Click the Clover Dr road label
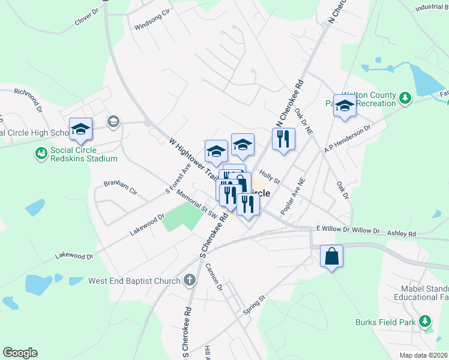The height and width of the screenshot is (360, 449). [86, 17]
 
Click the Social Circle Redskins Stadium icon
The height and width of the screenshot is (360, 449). [41, 154]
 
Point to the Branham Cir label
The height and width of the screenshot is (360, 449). [121, 187]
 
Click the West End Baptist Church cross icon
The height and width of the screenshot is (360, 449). [190, 280]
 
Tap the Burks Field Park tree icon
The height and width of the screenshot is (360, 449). [426, 322]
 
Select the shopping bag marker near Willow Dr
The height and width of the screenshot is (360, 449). [331, 256]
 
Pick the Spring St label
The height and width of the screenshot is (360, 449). [254, 305]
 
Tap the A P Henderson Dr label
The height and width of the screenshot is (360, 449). [348, 139]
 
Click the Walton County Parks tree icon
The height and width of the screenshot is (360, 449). [406, 97]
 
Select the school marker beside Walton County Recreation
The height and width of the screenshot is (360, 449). [345, 107]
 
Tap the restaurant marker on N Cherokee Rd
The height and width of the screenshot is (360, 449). [283, 139]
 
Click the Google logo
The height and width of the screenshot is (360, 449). [20, 353]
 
